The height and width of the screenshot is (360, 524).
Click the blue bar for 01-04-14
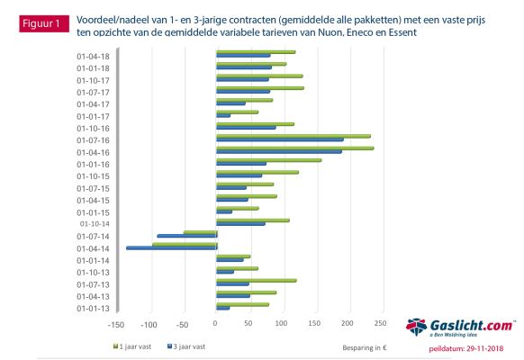click(x=171, y=247)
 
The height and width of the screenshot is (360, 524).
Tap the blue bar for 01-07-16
click(x=279, y=139)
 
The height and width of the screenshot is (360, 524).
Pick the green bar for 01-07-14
click(x=200, y=232)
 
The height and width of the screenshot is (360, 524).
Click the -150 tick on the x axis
click(x=116, y=323)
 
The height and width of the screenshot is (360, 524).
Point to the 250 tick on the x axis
click(x=380, y=323)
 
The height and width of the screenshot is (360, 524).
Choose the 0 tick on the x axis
click(x=216, y=323)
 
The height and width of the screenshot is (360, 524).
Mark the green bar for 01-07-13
click(x=257, y=281)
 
